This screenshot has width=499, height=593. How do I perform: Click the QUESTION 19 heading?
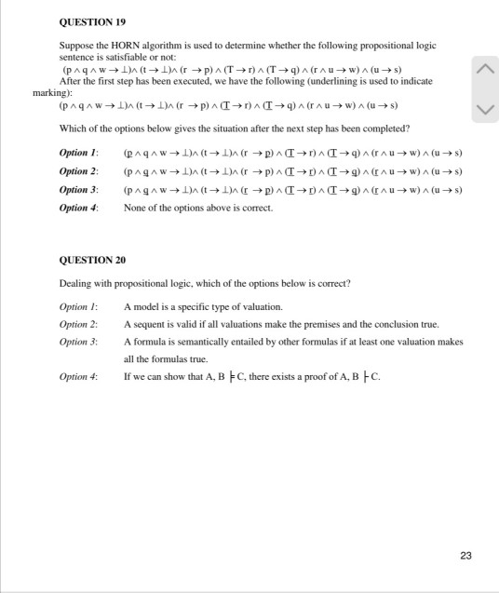click(x=91, y=20)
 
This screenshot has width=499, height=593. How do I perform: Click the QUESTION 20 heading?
click(x=91, y=260)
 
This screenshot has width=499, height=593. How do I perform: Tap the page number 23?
click(x=465, y=556)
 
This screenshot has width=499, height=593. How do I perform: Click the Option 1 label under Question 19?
click(x=78, y=152)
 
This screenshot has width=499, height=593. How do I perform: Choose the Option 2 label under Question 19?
click(x=78, y=171)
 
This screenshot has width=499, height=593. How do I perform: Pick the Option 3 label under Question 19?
click(x=78, y=189)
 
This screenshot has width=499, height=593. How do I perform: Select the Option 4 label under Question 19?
click(x=78, y=208)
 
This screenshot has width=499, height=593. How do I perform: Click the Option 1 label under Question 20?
click(x=78, y=306)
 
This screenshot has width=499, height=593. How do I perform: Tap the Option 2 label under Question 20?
click(x=78, y=324)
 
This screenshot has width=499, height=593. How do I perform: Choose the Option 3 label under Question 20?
click(x=78, y=342)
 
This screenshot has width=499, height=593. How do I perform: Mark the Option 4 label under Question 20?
click(x=78, y=377)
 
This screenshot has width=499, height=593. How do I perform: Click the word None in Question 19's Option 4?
click(x=135, y=208)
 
